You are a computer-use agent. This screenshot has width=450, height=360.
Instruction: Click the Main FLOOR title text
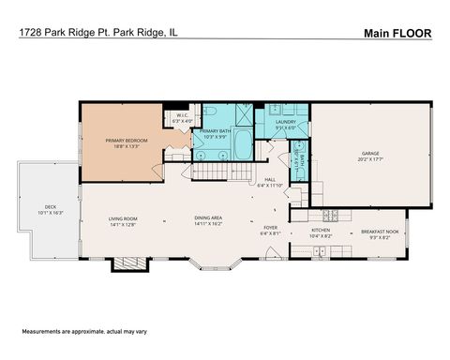click(397, 33)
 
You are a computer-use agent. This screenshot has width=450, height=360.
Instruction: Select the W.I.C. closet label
click(182, 115)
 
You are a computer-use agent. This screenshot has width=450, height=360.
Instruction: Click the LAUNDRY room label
click(285, 122)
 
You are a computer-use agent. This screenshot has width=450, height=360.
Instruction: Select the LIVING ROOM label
click(123, 218)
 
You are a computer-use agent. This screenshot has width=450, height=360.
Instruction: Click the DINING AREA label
click(207, 218)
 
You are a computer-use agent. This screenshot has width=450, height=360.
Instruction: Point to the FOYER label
click(269, 227)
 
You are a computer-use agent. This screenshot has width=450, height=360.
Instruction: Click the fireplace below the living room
click(135, 263)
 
